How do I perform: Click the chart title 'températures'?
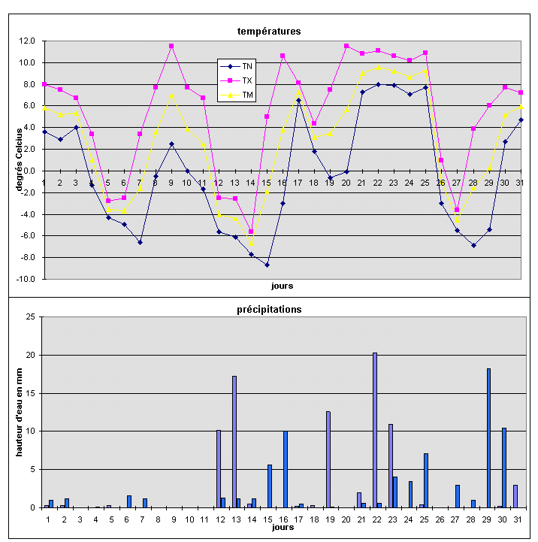268,32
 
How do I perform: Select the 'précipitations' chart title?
268,308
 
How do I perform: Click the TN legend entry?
246,67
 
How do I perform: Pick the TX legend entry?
246,80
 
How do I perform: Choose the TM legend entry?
246,94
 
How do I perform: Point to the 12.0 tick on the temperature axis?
28,41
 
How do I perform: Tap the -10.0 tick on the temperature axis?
26,279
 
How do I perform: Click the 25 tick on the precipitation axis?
31,316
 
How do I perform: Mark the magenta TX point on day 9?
171,46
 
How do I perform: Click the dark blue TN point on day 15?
267,265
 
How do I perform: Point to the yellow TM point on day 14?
251,244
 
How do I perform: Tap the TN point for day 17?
298,100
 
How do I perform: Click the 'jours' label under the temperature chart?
282,286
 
